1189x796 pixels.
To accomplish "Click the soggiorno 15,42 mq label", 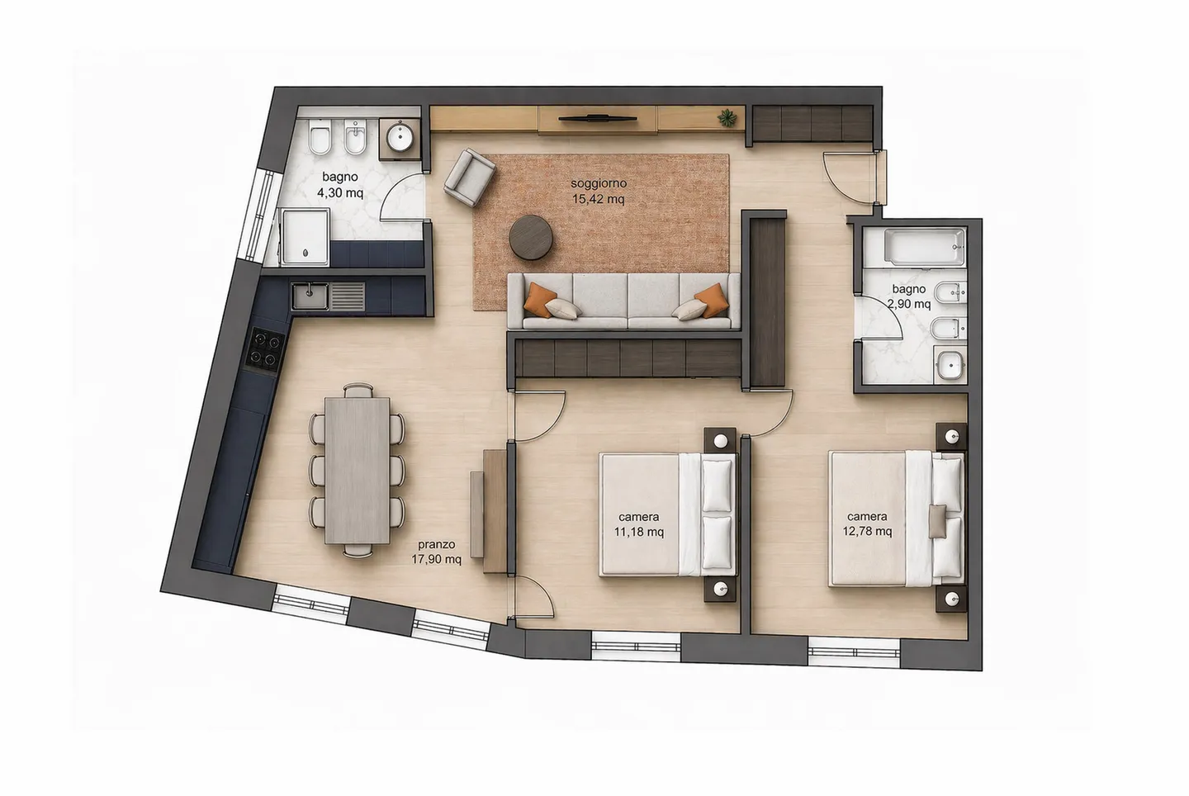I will coord(599,191).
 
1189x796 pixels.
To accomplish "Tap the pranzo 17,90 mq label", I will coord(436,552).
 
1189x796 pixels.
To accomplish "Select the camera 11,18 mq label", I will coord(638,525).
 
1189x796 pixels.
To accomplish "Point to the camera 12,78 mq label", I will coord(867,524).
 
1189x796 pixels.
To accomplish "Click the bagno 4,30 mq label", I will coord(340,185).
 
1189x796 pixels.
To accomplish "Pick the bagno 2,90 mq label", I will coord(908,296).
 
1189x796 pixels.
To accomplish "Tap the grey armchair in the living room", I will coord(469,175).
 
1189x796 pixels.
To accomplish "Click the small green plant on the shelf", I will coord(727,117).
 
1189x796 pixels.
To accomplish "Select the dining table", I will coord(357,470).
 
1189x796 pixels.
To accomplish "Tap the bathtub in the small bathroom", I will coord(913,246).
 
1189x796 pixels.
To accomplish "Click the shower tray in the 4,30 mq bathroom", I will coord(305,236).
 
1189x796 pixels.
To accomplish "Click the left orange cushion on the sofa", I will coord(540,295).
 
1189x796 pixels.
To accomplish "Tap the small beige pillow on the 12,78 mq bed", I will coord(939,521).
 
